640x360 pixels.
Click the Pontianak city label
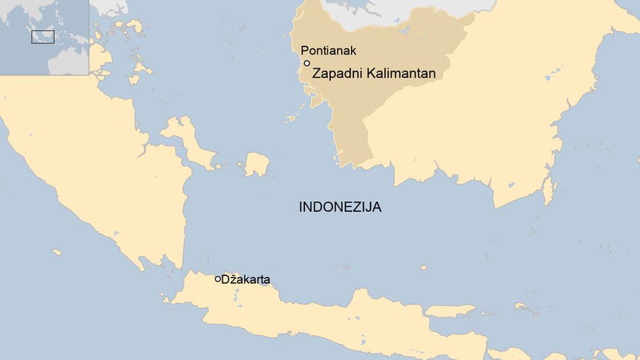pos(328,50)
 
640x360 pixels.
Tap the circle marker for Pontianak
pos(306,63)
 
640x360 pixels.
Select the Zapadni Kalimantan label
pos(374,73)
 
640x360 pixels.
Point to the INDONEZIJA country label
pos(340,207)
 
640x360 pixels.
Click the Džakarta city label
pos(245,280)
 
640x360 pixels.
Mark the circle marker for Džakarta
pos(218,279)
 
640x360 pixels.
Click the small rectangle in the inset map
pos(43,37)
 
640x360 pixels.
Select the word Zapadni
pos(334,73)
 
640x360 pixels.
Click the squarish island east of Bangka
pos(257,164)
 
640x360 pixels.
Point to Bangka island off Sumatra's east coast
pos(187,141)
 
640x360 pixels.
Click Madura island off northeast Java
pos(449,310)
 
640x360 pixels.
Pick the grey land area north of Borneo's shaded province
pos(393,13)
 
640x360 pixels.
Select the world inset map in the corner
pos(44,37)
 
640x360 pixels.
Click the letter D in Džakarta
pos(225,280)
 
